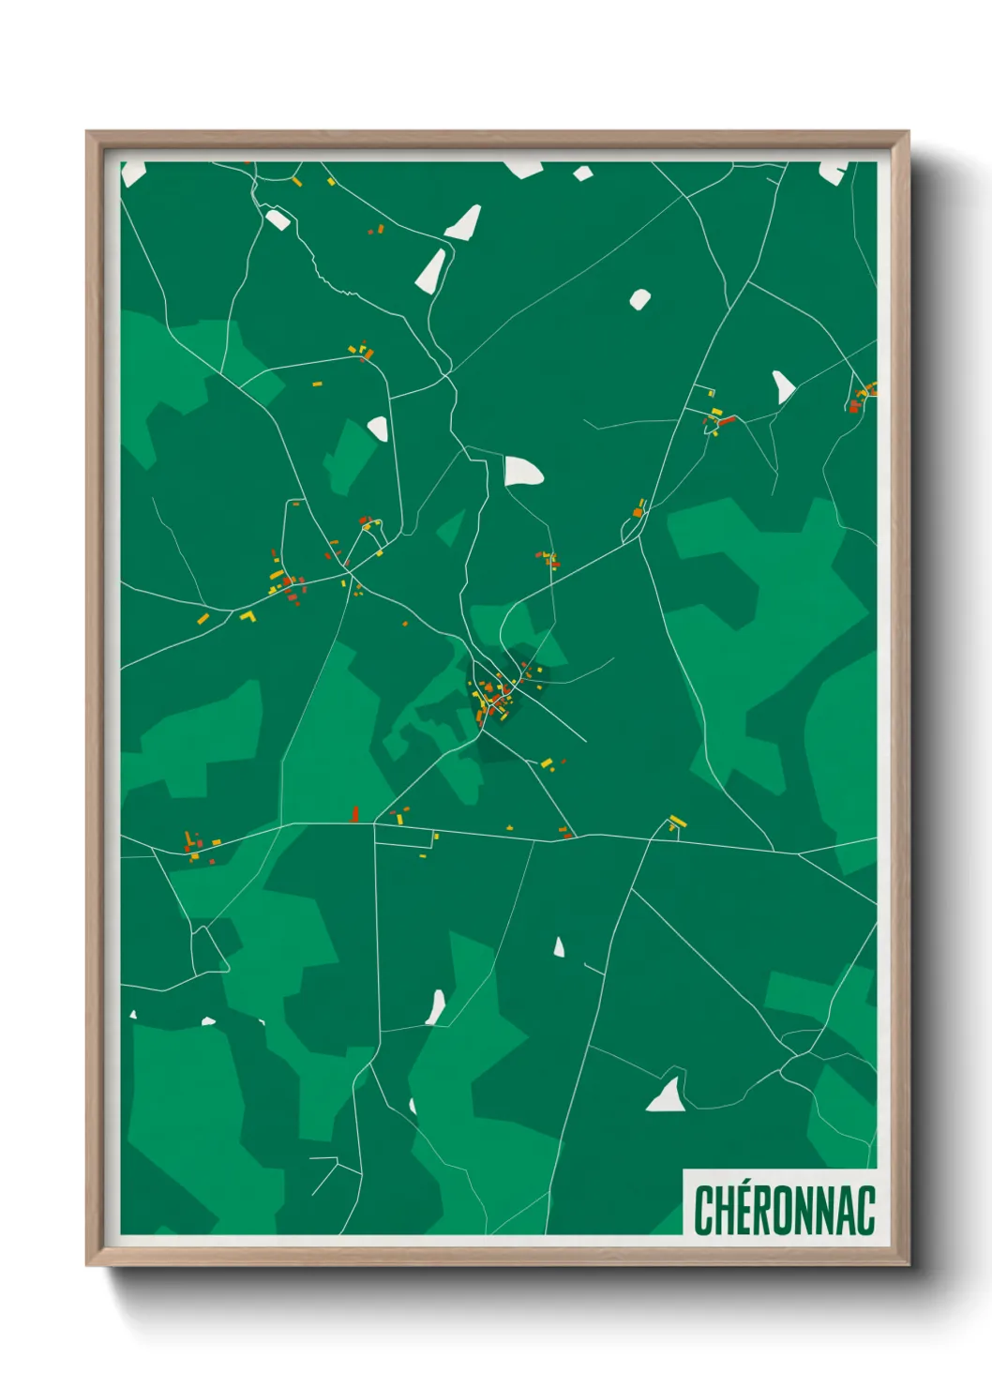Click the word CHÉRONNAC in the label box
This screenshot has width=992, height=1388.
click(784, 1210)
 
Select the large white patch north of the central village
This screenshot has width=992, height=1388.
click(523, 471)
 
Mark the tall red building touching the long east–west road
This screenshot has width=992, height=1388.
click(355, 813)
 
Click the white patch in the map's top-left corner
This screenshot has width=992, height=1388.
click(132, 173)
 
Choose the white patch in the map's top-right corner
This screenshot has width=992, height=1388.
click(833, 171)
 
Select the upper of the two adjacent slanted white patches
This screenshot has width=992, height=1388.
click(464, 222)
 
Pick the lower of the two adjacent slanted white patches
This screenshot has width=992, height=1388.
click(432, 271)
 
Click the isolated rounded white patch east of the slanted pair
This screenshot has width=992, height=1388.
click(640, 299)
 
